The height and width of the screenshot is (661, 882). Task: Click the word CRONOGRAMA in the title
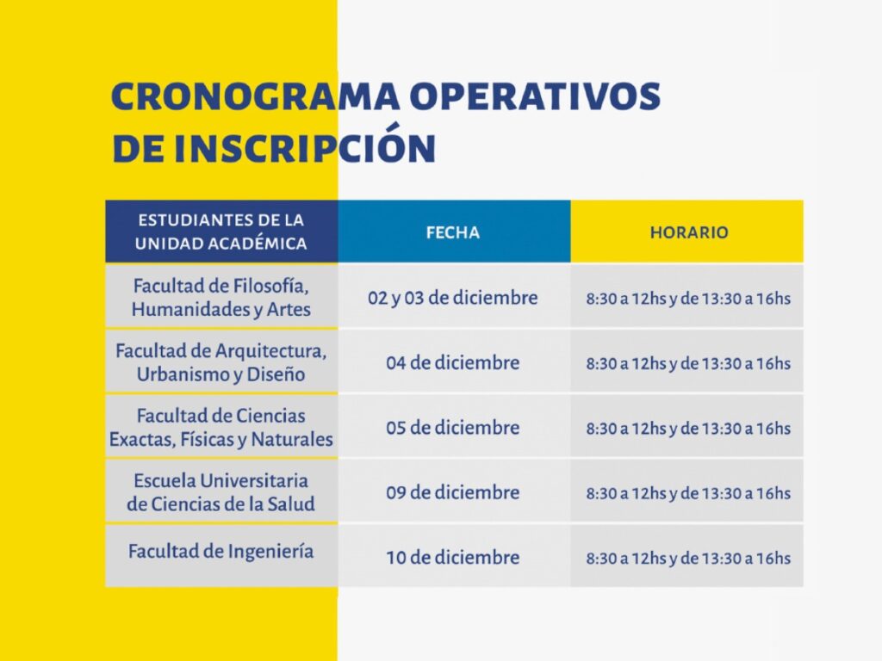click(x=255, y=96)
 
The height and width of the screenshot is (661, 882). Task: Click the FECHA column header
click(x=453, y=232)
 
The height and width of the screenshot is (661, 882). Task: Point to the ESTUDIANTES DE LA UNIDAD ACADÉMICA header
click(x=221, y=232)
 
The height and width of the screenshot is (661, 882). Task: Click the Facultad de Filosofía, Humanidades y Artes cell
click(x=221, y=297)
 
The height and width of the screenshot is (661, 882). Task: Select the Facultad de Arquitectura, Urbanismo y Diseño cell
click(x=221, y=362)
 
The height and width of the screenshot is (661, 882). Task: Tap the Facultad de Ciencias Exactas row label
click(x=221, y=427)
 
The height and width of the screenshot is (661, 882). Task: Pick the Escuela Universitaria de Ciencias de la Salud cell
click(x=221, y=492)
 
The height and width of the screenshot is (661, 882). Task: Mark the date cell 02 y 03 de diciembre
click(x=453, y=297)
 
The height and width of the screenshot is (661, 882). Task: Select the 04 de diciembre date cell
click(x=453, y=362)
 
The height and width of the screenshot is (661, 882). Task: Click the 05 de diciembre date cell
click(x=453, y=428)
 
